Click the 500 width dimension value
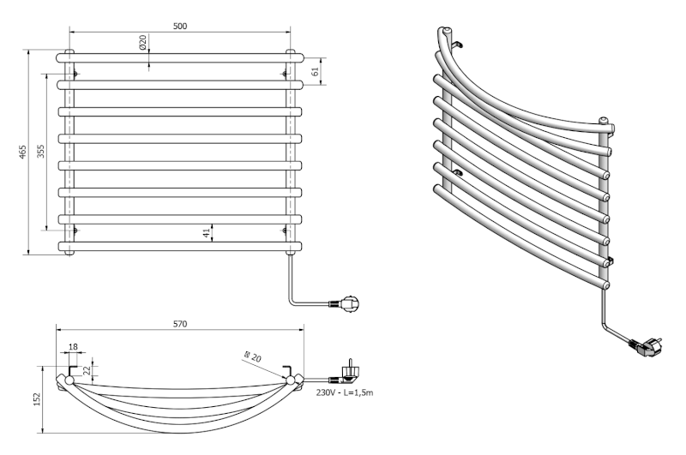click(x=180, y=27)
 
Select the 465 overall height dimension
click(x=23, y=152)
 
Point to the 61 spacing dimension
click(x=315, y=72)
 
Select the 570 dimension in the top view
click(x=179, y=324)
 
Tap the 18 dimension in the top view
click(x=71, y=347)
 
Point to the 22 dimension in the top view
click(x=86, y=369)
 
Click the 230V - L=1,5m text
click(x=344, y=392)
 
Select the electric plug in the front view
click(x=352, y=302)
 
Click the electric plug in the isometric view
click(x=644, y=345)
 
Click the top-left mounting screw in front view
click(x=76, y=73)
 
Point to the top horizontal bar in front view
click(x=180, y=57)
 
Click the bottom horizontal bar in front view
click(x=180, y=247)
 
